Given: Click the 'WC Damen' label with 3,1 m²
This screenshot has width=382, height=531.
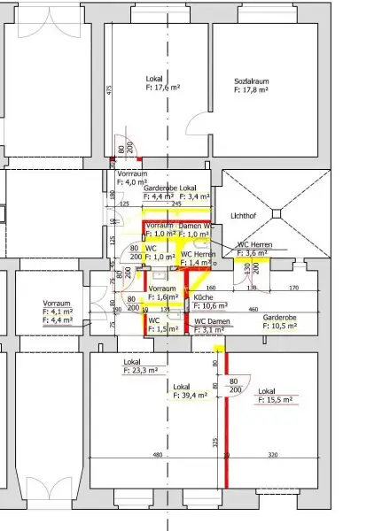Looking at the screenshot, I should coord(213,320).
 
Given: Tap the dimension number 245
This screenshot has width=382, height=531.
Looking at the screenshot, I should coord(177,204).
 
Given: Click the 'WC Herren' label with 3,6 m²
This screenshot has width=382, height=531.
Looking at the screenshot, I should coord(254,245).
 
